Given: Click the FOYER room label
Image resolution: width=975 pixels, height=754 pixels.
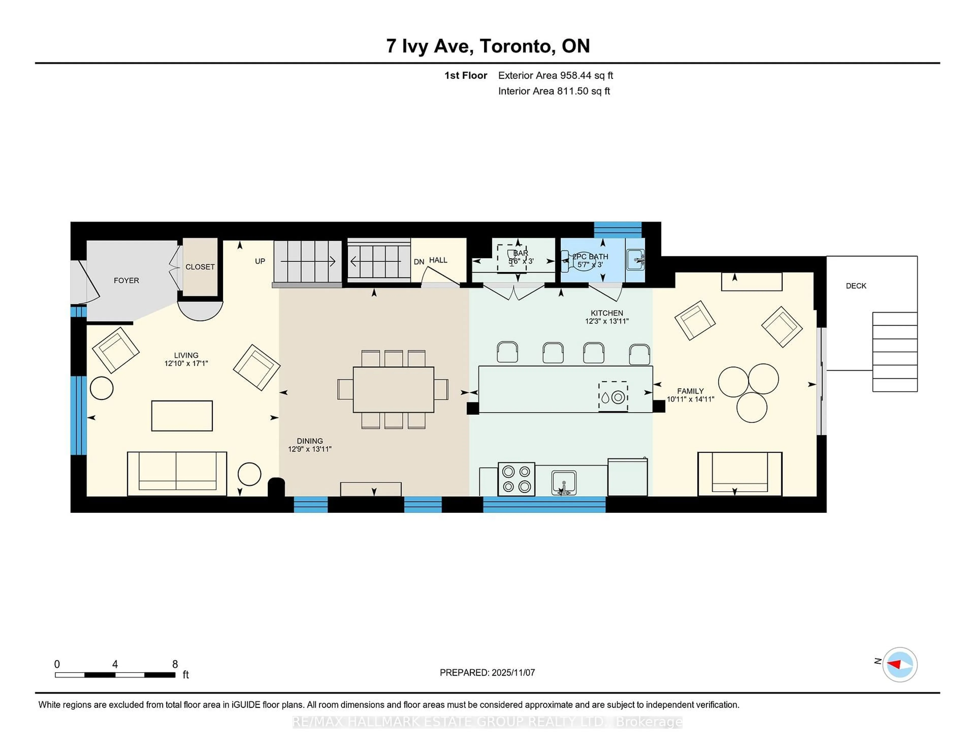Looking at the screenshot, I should coord(126,280).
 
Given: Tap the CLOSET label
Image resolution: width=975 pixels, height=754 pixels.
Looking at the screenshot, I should coord(200,267).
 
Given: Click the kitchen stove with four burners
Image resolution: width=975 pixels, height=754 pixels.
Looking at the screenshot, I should coord(516,479).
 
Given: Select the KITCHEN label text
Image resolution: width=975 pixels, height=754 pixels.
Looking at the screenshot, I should coord(607,313).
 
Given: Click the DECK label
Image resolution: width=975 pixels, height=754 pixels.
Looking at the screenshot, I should coord(856,286).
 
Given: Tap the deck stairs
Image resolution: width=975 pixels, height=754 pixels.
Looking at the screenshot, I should coord(895,352).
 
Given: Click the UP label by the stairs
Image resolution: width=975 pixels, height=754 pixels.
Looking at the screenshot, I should coord(260,261).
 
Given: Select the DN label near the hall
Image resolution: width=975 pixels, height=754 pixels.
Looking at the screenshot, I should coord(419,262).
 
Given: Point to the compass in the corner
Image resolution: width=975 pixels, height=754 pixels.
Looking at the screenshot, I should coord(900,665).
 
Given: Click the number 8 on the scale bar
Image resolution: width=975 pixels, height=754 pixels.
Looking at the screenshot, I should coord(175,664).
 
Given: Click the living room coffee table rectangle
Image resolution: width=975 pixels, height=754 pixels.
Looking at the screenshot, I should coord(182,416).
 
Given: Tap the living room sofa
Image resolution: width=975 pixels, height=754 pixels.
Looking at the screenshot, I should coord(177,474).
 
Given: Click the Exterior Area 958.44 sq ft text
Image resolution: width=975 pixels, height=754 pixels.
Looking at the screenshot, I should coord(555,75).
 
